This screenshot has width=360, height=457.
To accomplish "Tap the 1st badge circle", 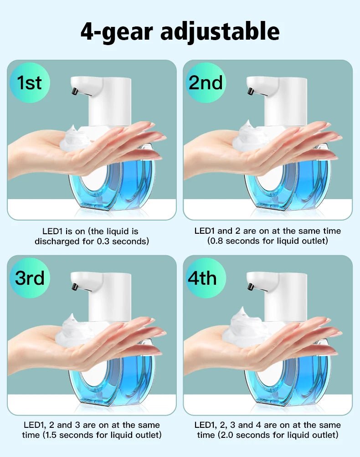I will point(30,83).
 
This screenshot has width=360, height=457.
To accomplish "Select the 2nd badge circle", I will point(206,83).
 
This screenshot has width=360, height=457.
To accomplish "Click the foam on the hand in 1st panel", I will point(76,137).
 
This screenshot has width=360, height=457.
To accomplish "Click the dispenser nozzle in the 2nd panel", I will point(250,92).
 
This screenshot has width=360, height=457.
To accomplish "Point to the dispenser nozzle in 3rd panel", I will point(74,287).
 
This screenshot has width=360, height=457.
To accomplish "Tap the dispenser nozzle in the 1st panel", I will point(74,92).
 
